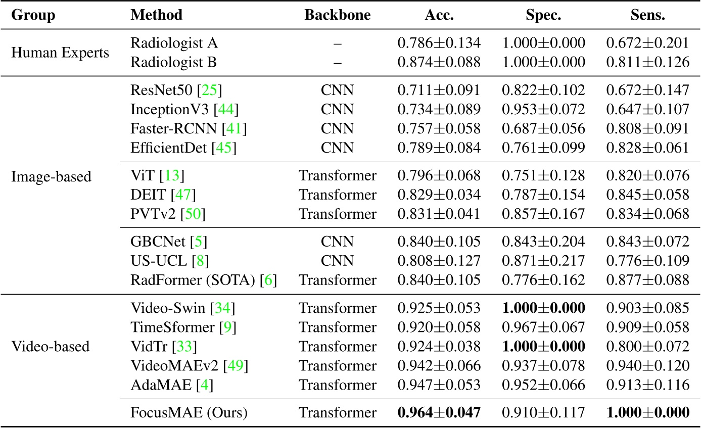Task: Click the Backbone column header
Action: coord(337,15)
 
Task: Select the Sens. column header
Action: coord(648,15)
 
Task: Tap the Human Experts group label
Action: coord(60,53)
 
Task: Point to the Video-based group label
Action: coord(50,346)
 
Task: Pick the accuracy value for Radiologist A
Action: coord(439,43)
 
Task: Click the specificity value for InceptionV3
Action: coord(543,109)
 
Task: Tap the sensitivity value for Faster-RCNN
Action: coord(648,128)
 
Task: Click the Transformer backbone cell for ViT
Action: coord(337,176)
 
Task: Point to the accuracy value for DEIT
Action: coord(439,195)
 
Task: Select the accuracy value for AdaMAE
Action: coord(439,386)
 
